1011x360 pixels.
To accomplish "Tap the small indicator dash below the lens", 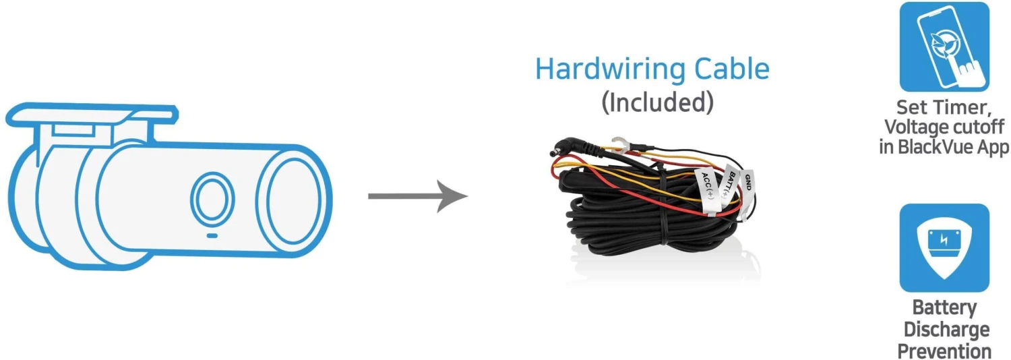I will coord(211,236).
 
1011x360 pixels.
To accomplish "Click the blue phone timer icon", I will coord(944,47).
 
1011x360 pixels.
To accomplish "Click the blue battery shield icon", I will coord(944,247).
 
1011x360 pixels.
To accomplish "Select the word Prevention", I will coord(945,351).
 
